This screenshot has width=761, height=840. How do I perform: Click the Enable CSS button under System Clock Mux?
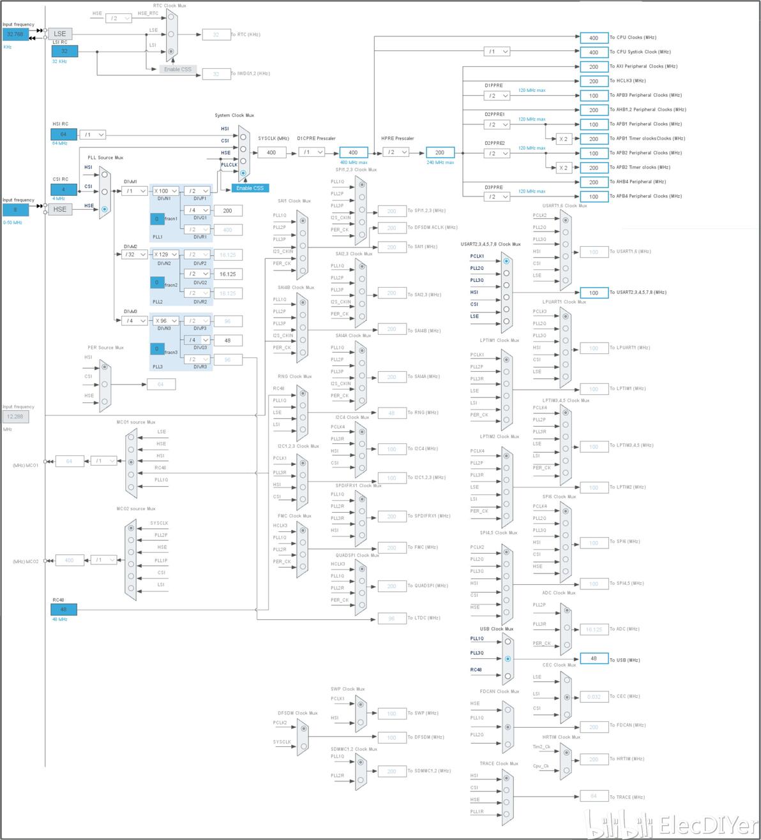coord(250,188)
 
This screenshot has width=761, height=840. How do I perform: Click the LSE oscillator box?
coord(60,34)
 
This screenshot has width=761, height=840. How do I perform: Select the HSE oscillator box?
coord(60,209)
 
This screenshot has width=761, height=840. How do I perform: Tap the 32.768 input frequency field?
coord(15,34)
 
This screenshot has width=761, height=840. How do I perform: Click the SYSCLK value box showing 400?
coord(271,152)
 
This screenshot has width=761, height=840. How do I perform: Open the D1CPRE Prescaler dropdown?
coord(312,152)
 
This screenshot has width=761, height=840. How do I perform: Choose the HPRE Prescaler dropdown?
coord(396,152)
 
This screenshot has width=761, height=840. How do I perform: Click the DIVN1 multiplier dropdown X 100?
coord(165,191)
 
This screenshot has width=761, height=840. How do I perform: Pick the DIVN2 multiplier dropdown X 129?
coord(165,254)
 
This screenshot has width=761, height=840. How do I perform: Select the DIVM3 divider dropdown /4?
coord(135,321)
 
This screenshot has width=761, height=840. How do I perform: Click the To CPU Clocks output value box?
coord(594,38)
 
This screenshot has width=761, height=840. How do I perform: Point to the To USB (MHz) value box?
coord(594,659)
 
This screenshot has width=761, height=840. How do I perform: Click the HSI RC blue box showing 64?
coord(64,135)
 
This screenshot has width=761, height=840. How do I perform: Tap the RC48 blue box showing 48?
coord(64,610)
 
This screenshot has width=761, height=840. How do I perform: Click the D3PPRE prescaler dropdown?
coord(497,196)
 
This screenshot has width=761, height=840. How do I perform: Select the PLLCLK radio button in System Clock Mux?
coord(243,173)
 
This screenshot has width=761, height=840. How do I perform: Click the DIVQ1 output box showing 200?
coord(227,210)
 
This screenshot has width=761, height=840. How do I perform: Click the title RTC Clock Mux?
coord(169,6)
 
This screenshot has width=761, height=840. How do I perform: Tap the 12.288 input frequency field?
coord(15,416)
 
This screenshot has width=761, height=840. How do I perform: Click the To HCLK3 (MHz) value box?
coord(594,81)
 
